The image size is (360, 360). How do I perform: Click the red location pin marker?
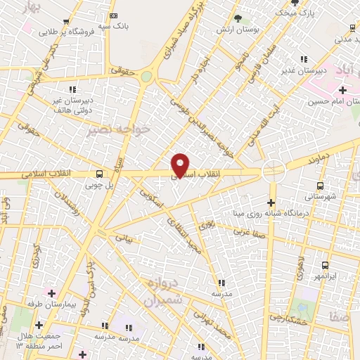(x=181, y=165)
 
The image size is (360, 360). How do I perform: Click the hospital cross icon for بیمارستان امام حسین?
(x=342, y=90)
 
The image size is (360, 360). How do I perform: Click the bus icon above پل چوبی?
(x=98, y=173)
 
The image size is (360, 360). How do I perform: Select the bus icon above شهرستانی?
(x=321, y=186)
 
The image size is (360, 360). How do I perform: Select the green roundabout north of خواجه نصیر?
(x=146, y=76)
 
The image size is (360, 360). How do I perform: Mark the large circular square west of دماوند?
(x=273, y=171)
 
